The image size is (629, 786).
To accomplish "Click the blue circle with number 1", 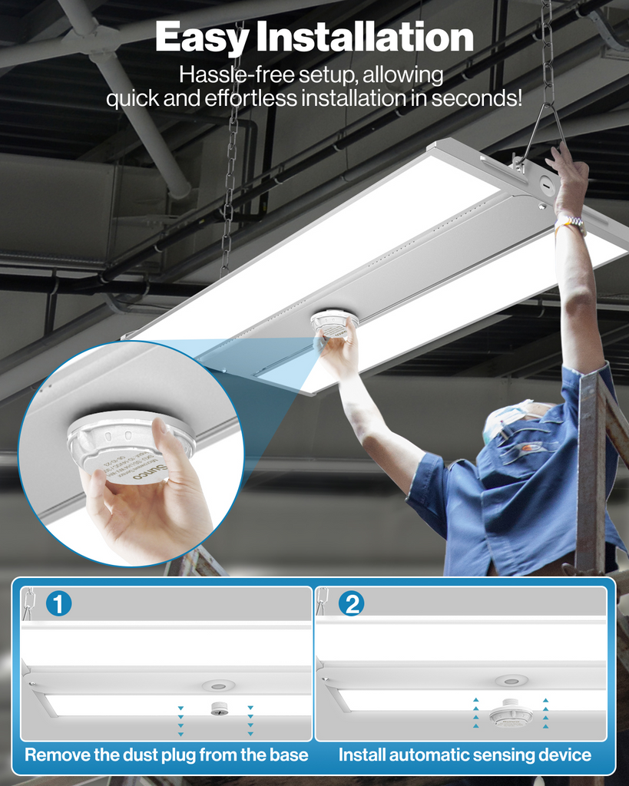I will (x=59, y=603).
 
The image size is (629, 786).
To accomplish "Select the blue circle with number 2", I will (x=351, y=603).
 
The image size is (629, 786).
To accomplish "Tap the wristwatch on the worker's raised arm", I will (x=570, y=223).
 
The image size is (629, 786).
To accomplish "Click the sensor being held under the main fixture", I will (x=334, y=324).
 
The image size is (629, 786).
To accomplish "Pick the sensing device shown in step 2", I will (x=511, y=713).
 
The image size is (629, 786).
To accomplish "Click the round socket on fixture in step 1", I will (x=218, y=685).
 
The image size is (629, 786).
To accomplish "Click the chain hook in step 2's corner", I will (x=323, y=599).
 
